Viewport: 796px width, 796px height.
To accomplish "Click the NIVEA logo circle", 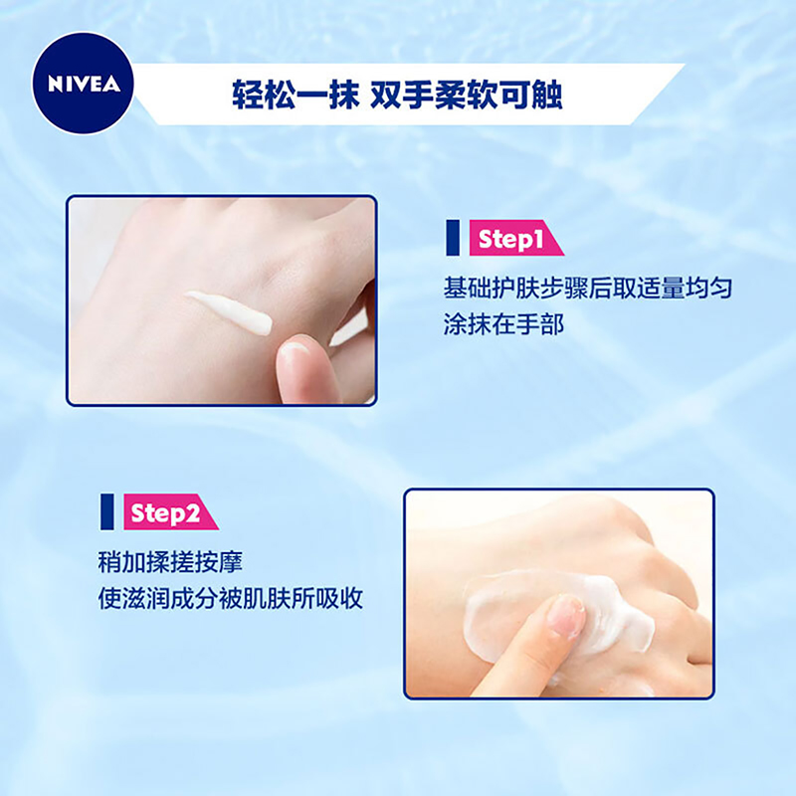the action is (x=83, y=84).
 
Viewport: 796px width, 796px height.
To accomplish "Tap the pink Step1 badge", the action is (x=515, y=238).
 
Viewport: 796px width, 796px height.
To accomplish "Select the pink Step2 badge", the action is (x=170, y=512).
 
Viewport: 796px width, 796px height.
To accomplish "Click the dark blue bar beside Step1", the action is (x=453, y=238).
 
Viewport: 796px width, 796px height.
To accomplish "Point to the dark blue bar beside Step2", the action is (x=107, y=512).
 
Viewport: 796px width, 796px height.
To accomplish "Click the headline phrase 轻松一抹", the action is (x=296, y=95).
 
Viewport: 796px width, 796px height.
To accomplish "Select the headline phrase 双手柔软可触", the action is (x=466, y=95).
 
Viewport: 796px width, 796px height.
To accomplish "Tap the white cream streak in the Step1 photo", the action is (x=229, y=311).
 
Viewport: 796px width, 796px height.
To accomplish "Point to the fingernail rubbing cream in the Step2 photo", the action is (x=567, y=616).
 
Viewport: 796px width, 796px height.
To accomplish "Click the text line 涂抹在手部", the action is (x=503, y=324).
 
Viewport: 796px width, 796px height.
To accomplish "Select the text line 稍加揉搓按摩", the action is (x=170, y=562).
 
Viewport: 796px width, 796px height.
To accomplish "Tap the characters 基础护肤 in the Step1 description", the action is (x=492, y=288).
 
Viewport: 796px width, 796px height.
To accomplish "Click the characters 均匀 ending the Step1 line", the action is (x=708, y=288).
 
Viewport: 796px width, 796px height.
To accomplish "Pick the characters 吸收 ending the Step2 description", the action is (x=339, y=599).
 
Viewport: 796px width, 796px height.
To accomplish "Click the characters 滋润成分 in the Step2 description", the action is (x=170, y=599).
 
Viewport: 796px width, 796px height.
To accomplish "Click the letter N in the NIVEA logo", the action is (x=55, y=85).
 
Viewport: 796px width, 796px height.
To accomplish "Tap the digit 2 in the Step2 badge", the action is (x=192, y=512).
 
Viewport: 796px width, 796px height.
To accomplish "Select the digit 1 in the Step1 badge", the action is (x=538, y=238).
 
